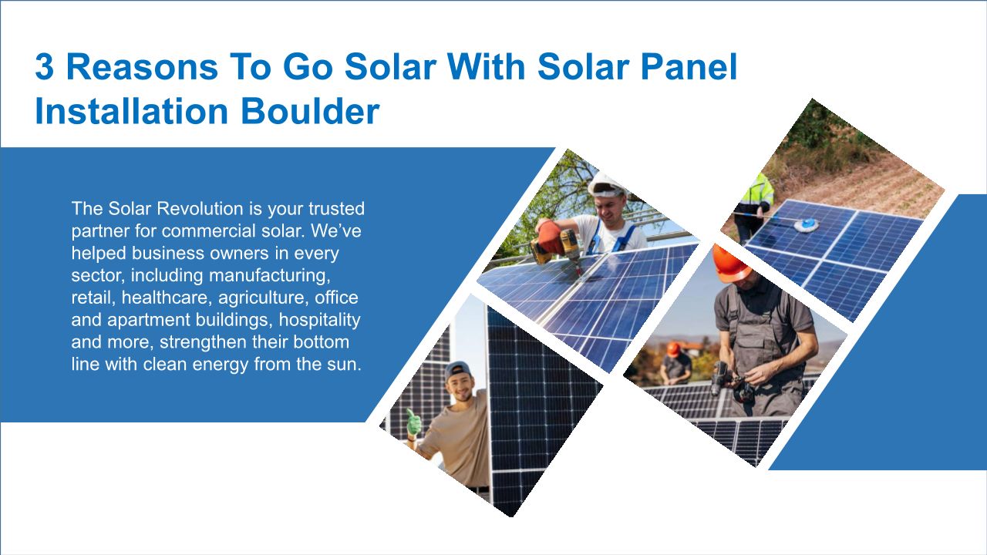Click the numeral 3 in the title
(45, 67)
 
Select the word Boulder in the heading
(310, 112)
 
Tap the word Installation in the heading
(131, 112)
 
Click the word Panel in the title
(689, 67)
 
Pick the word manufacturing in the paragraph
(270, 276)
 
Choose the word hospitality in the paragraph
(319, 320)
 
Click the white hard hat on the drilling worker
(606, 186)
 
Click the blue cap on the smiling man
(457, 371)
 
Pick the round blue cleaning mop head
(807, 225)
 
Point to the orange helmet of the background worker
(673, 349)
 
